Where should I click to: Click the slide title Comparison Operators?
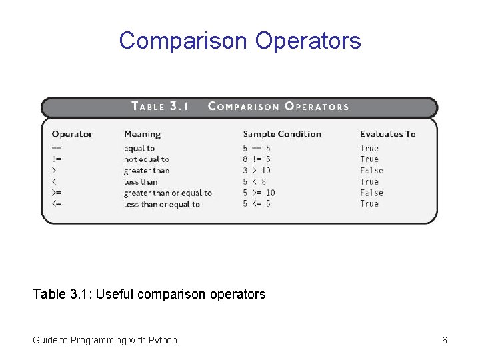click(240, 41)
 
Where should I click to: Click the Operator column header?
click(72, 134)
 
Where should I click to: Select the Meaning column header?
click(142, 134)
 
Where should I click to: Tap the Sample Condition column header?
click(282, 134)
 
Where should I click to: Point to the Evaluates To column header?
click(388, 134)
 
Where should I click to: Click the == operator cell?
click(57, 148)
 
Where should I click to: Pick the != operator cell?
click(57, 159)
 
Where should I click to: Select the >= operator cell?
click(57, 193)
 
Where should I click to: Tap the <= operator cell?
click(57, 204)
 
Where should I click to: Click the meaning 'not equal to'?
click(147, 159)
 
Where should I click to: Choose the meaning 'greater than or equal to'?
click(167, 193)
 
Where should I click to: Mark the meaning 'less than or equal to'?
click(162, 204)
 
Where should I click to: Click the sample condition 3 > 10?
click(257, 171)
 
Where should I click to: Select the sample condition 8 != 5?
click(257, 159)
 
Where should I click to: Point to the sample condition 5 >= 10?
click(259, 193)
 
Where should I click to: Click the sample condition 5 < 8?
click(255, 182)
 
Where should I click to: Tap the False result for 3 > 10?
click(371, 171)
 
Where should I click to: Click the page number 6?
click(444, 340)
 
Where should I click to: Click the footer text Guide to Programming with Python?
click(105, 340)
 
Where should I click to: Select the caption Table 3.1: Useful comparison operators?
click(149, 294)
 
